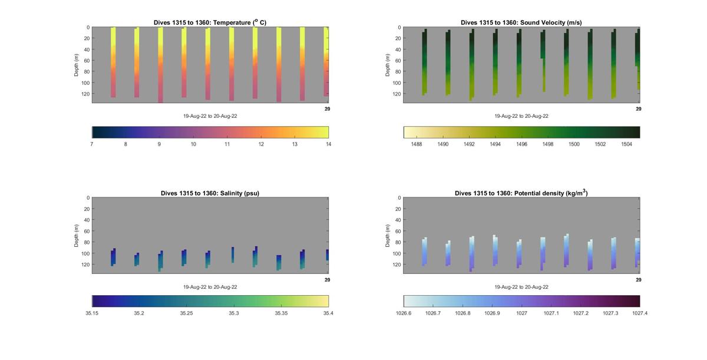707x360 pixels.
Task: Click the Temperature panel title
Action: [x=210, y=22]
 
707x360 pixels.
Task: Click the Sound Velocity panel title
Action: [x=521, y=22]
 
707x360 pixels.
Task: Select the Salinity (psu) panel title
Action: [x=210, y=193]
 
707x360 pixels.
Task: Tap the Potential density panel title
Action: [x=521, y=193]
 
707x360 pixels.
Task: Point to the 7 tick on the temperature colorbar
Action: [x=92, y=144]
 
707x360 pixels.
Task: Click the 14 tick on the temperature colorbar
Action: [x=328, y=144]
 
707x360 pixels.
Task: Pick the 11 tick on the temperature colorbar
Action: [x=227, y=144]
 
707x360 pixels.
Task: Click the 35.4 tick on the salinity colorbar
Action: [x=328, y=313]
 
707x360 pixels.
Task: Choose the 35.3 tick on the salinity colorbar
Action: [x=234, y=313]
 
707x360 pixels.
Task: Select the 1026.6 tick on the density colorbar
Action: [x=404, y=313]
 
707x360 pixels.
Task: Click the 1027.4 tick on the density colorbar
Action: [x=639, y=313]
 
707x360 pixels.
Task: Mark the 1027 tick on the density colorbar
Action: [x=521, y=313]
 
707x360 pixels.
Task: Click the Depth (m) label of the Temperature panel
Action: [x=76, y=65]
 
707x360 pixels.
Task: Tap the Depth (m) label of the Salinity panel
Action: [x=76, y=236]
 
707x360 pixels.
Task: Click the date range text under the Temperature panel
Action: [x=210, y=116]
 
